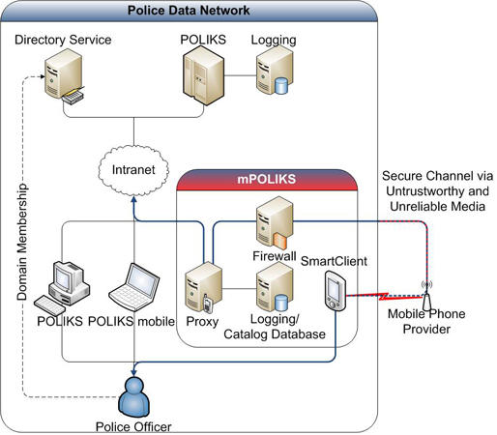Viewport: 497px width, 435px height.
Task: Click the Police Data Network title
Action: (x=189, y=11)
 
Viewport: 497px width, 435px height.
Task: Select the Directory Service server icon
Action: (x=65, y=76)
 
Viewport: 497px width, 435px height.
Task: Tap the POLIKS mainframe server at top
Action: (x=203, y=75)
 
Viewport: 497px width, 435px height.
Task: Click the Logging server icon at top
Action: (x=275, y=70)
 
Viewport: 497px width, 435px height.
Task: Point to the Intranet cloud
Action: (x=133, y=170)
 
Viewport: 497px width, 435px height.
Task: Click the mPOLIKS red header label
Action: (x=267, y=179)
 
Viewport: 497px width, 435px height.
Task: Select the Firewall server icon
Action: (x=275, y=223)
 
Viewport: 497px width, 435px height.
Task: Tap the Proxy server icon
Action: (x=203, y=287)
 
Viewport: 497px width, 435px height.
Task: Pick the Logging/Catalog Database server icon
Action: (x=275, y=287)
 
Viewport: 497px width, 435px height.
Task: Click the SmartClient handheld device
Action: (x=336, y=291)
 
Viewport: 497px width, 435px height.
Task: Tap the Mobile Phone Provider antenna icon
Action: (x=426, y=297)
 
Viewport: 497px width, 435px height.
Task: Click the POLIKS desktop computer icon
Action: (x=62, y=288)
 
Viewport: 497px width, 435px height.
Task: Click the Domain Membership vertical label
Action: (x=22, y=242)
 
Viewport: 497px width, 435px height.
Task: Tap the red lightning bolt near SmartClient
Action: (x=384, y=296)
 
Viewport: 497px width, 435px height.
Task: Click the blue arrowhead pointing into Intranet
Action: (x=133, y=200)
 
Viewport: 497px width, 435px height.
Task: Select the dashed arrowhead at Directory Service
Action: (x=42, y=76)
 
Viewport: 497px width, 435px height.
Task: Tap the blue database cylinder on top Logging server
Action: (x=281, y=86)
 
